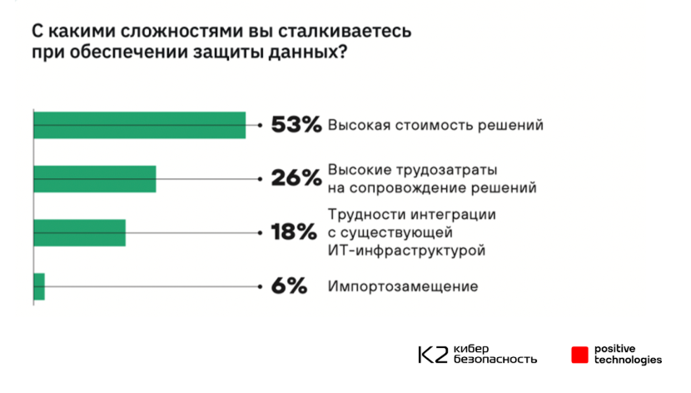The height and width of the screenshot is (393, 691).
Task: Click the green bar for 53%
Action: tap(139, 125)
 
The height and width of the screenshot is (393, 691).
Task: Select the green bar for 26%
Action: tap(94, 178)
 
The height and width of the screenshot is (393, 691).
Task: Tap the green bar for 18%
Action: tap(79, 232)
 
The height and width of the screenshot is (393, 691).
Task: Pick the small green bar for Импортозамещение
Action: tap(38, 286)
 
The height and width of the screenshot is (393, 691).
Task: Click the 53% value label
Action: tap(296, 125)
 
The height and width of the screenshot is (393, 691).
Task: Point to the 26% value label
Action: tap(296, 178)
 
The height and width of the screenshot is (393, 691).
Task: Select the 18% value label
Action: tap(294, 232)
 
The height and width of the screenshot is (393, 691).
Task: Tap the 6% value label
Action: tap(290, 286)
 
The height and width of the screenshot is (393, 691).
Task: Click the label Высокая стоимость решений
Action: tap(435, 125)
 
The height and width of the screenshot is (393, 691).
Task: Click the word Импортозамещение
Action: tap(403, 286)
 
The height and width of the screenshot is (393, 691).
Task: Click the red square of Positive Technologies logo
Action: tap(579, 354)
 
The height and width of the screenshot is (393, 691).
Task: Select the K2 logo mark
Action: tap(433, 354)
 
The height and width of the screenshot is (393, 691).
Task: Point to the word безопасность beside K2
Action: tap(495, 360)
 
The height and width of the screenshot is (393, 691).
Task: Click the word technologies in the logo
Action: tap(629, 360)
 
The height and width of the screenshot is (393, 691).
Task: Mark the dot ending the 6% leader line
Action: tap(261, 286)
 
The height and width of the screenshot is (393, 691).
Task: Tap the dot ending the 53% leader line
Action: tap(261, 125)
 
